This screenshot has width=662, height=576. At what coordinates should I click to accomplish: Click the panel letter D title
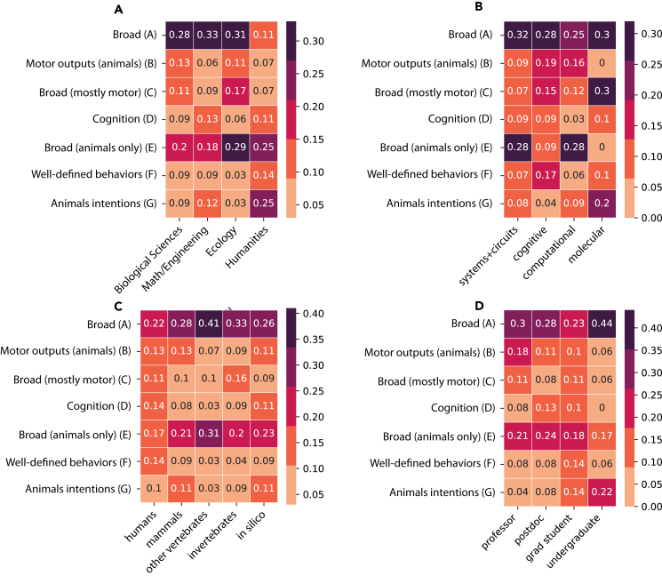[453, 307]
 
